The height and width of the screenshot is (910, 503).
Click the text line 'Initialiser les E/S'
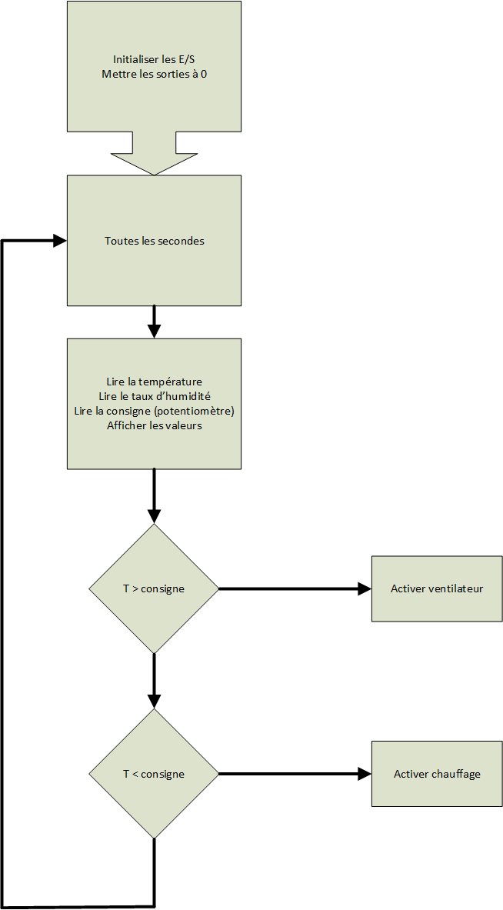pos(154,59)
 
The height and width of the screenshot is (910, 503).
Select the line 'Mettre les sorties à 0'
pos(154,74)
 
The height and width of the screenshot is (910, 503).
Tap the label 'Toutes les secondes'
pos(155,241)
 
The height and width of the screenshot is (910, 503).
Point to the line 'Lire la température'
pos(155,382)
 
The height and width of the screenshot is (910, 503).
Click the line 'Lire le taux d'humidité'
pos(155,396)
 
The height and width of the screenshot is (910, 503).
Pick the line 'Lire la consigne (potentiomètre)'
pos(155,411)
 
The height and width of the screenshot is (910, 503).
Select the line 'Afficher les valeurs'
pos(155,425)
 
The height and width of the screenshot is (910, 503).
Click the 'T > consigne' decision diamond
pos(154,588)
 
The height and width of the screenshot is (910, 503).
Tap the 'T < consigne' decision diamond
pos(154,774)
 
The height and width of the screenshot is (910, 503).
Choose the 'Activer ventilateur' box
pos(437,588)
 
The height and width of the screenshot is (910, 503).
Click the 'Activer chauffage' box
pos(437,774)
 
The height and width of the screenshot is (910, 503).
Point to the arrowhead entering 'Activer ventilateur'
pos(365,588)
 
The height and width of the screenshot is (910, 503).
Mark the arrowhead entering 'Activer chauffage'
pos(365,774)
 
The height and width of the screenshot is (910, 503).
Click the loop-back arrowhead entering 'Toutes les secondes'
pos(60,241)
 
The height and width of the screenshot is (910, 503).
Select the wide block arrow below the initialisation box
pos(155,153)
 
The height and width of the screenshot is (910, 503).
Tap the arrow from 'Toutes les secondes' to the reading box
pos(154,322)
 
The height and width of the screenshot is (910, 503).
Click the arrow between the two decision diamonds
pos(154,681)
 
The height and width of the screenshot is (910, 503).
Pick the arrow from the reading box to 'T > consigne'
pos(154,496)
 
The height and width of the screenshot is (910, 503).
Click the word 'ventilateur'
pos(455,588)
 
